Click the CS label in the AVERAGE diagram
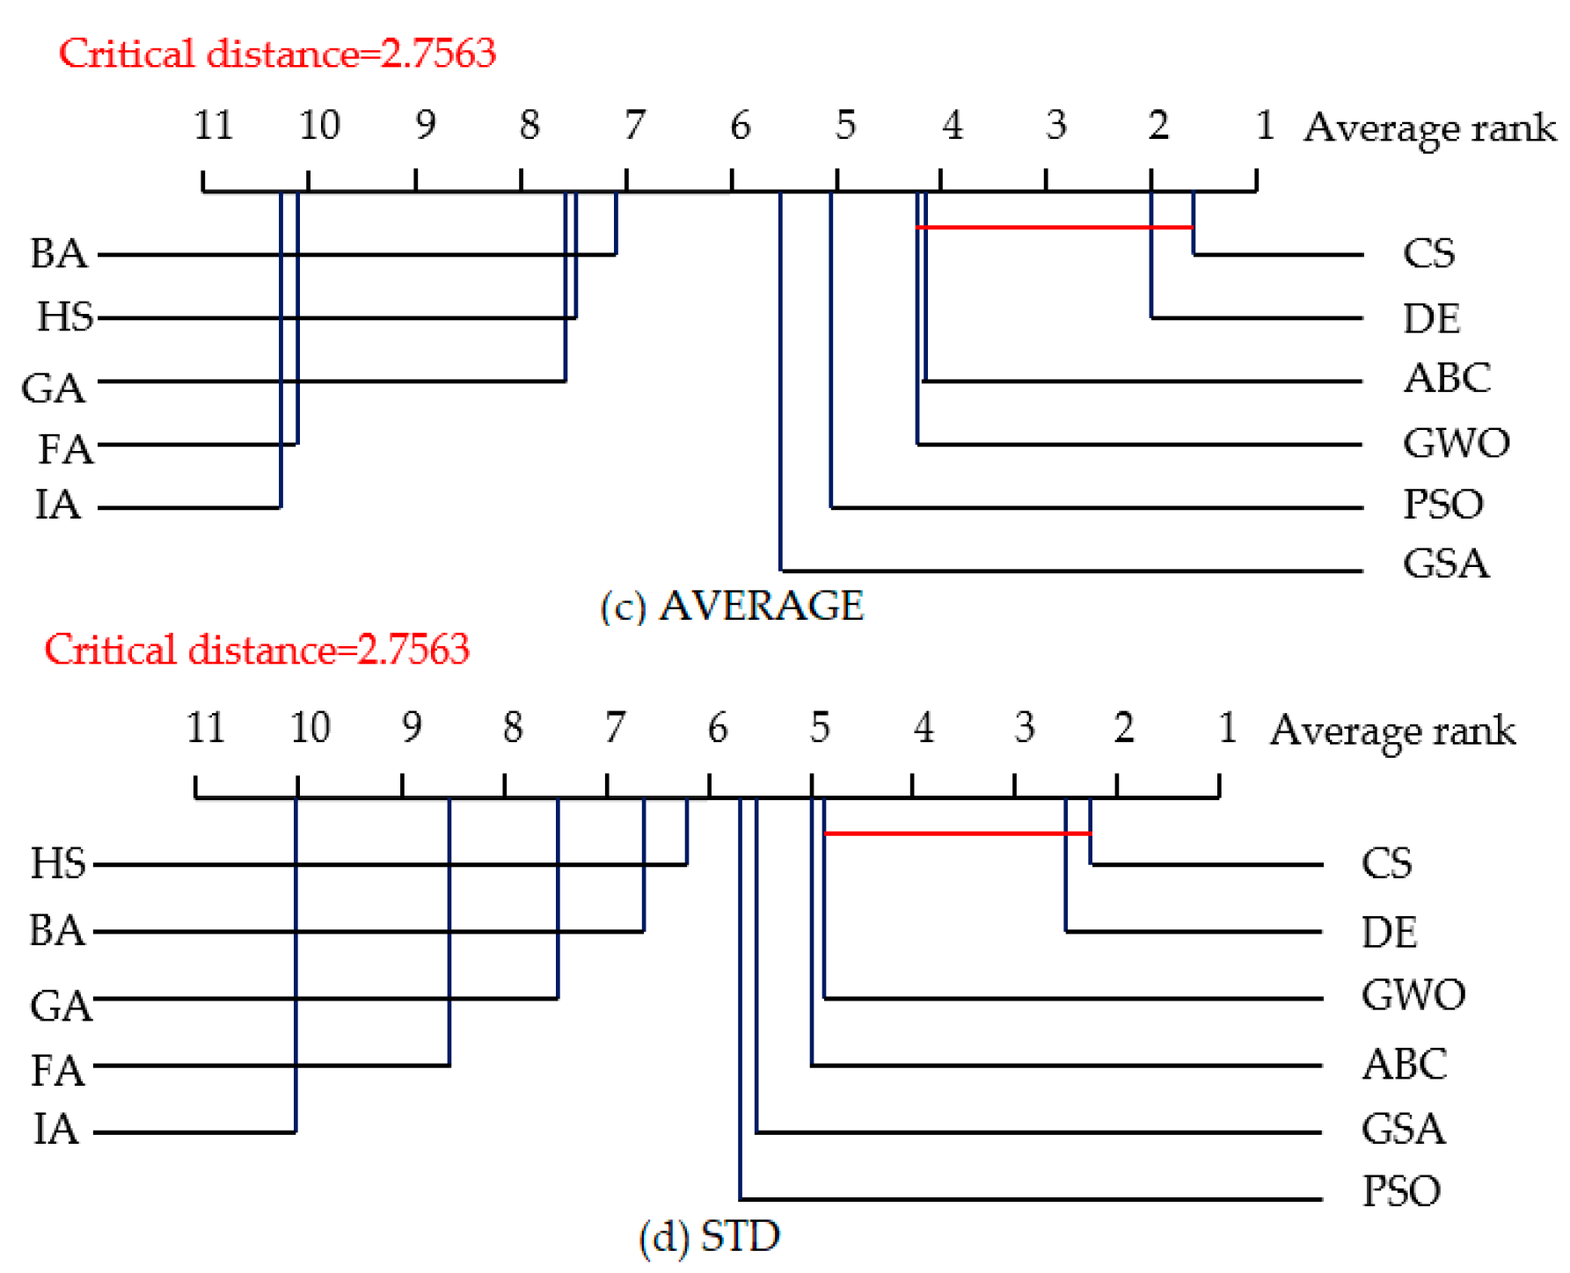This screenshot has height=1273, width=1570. [1428, 253]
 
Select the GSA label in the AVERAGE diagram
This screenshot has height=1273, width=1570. [1445, 564]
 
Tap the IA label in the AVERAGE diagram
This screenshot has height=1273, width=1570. [58, 505]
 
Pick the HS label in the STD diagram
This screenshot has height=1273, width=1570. [58, 863]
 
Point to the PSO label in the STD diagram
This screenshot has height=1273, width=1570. [1401, 1192]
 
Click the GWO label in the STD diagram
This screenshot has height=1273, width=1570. [1413, 995]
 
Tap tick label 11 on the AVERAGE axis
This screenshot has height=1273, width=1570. [213, 125]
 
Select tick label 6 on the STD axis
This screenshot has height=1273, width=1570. [718, 728]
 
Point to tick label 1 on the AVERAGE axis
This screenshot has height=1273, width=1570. [1265, 125]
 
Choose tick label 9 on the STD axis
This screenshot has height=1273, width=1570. [412, 728]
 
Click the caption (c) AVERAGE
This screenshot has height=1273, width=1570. [732, 606]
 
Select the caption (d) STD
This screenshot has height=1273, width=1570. [709, 1237]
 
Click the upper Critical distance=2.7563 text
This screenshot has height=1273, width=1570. [277, 54]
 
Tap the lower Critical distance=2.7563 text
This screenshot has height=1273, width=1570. [257, 651]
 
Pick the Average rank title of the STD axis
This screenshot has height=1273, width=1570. [1392, 730]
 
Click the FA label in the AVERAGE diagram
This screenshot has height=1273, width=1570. [65, 449]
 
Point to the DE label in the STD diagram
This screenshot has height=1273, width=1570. [1389, 932]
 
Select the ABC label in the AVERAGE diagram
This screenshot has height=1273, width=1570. [1447, 378]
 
